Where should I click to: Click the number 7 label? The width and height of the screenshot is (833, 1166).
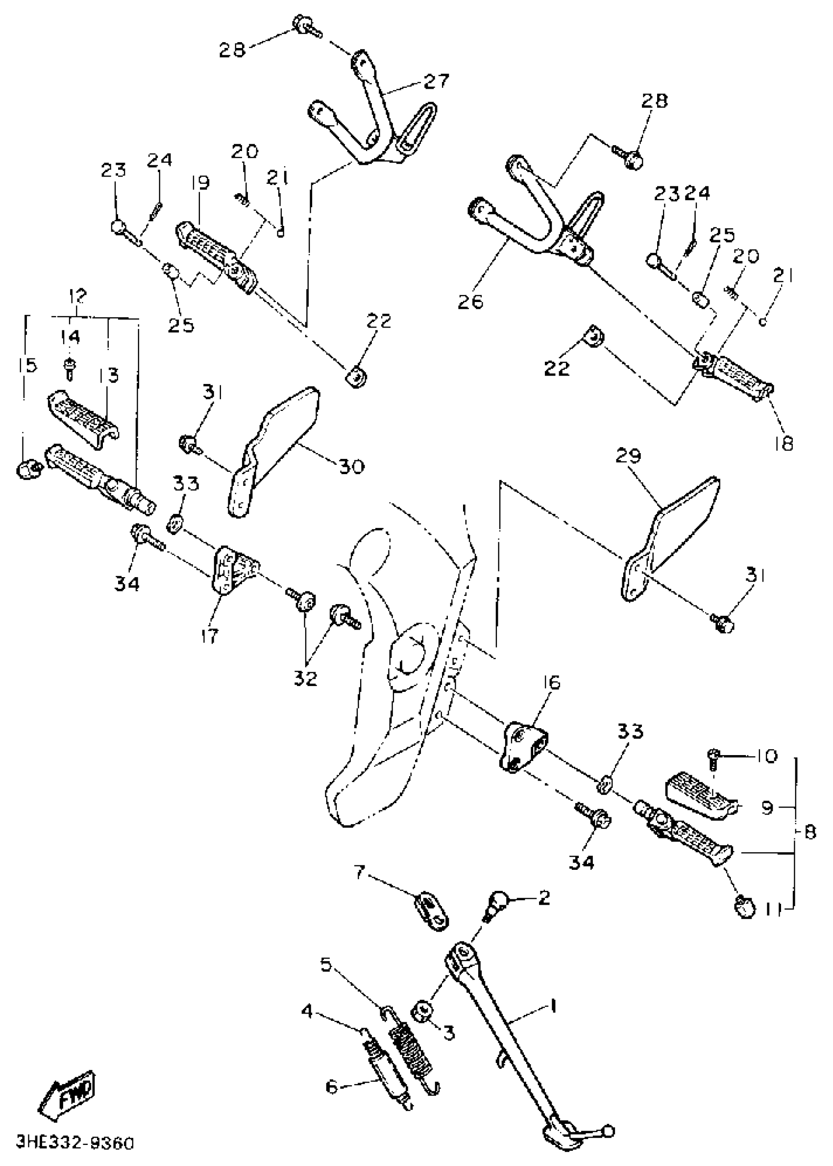coord(360,871)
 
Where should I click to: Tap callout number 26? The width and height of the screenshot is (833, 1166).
coord(471,302)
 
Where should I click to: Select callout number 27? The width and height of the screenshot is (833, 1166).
coord(437,81)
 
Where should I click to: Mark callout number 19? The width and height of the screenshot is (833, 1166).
coord(201,183)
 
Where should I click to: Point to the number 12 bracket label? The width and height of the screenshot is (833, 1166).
coord(77,296)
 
